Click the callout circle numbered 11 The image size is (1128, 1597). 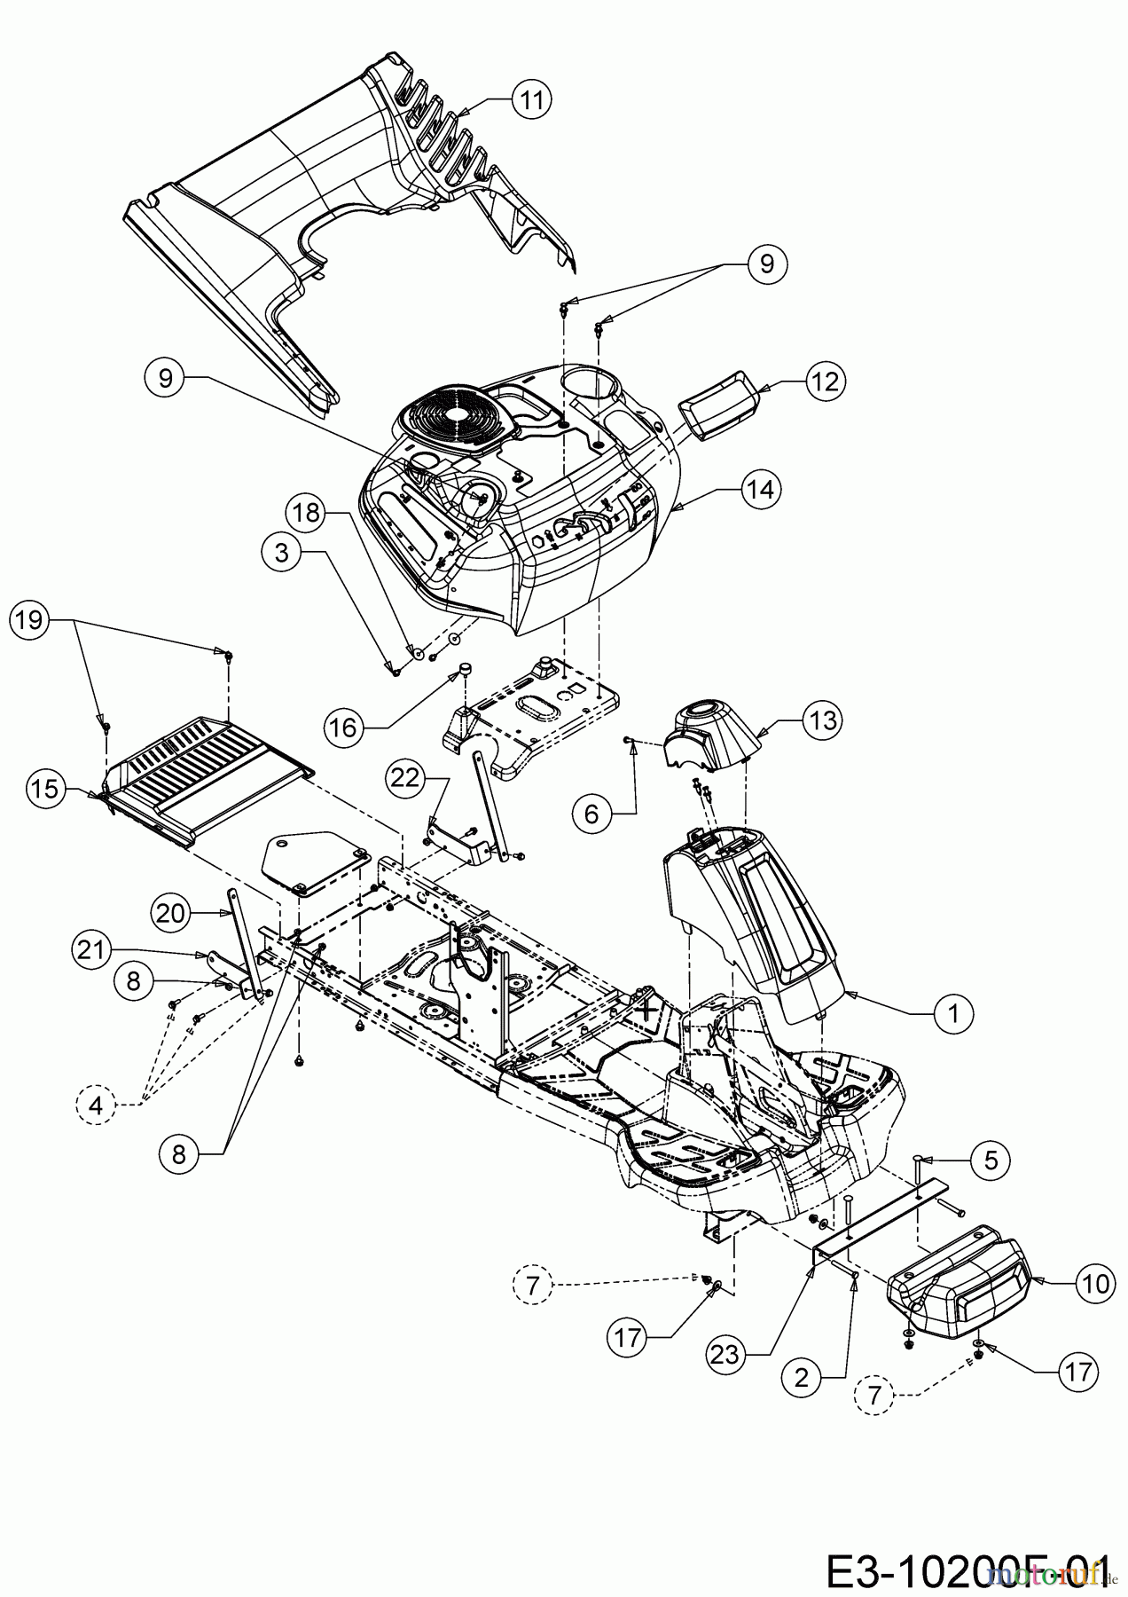click(531, 99)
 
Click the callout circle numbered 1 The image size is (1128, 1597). click(954, 1013)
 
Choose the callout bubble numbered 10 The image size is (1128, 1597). click(1095, 1285)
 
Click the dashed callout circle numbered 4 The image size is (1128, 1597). click(96, 1105)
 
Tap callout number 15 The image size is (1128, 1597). click(47, 789)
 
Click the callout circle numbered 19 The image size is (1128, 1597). click(29, 618)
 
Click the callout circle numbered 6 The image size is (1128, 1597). click(591, 812)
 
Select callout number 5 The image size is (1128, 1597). click(991, 1159)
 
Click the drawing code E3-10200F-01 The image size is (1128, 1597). click(967, 1569)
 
